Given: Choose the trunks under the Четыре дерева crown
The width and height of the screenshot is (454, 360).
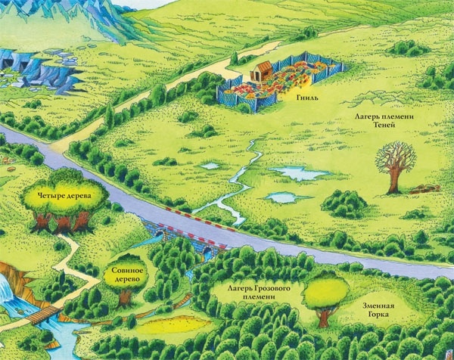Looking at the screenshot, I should point(62,222).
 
